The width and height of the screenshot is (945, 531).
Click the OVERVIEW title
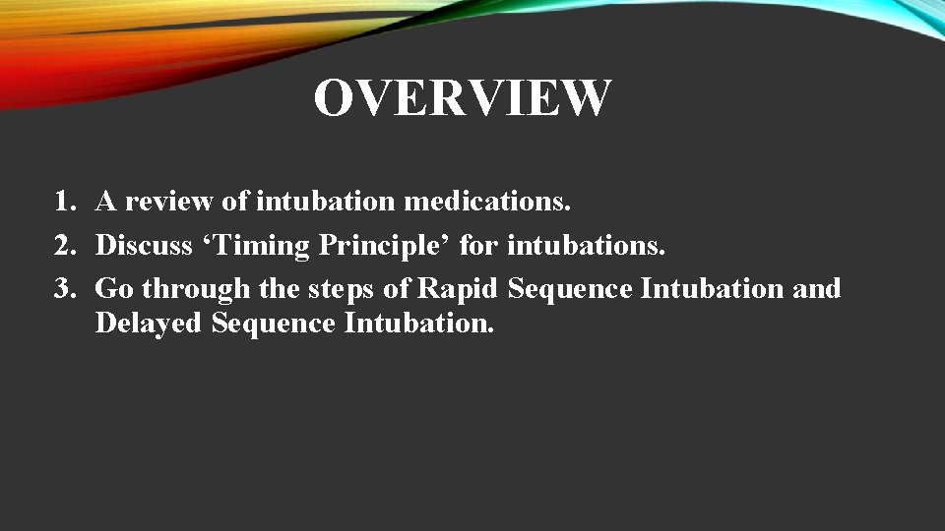click(x=463, y=97)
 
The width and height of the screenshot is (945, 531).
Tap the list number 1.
click(x=65, y=203)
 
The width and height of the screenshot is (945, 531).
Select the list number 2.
click(x=65, y=246)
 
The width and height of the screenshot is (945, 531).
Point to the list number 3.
click(x=65, y=289)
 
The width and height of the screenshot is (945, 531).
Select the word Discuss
click(x=144, y=246)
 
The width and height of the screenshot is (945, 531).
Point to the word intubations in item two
click(x=586, y=246)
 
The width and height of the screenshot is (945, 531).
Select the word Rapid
click(x=459, y=289)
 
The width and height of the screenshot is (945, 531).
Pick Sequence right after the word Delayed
click(x=274, y=323)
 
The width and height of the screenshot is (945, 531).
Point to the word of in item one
click(x=235, y=203)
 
